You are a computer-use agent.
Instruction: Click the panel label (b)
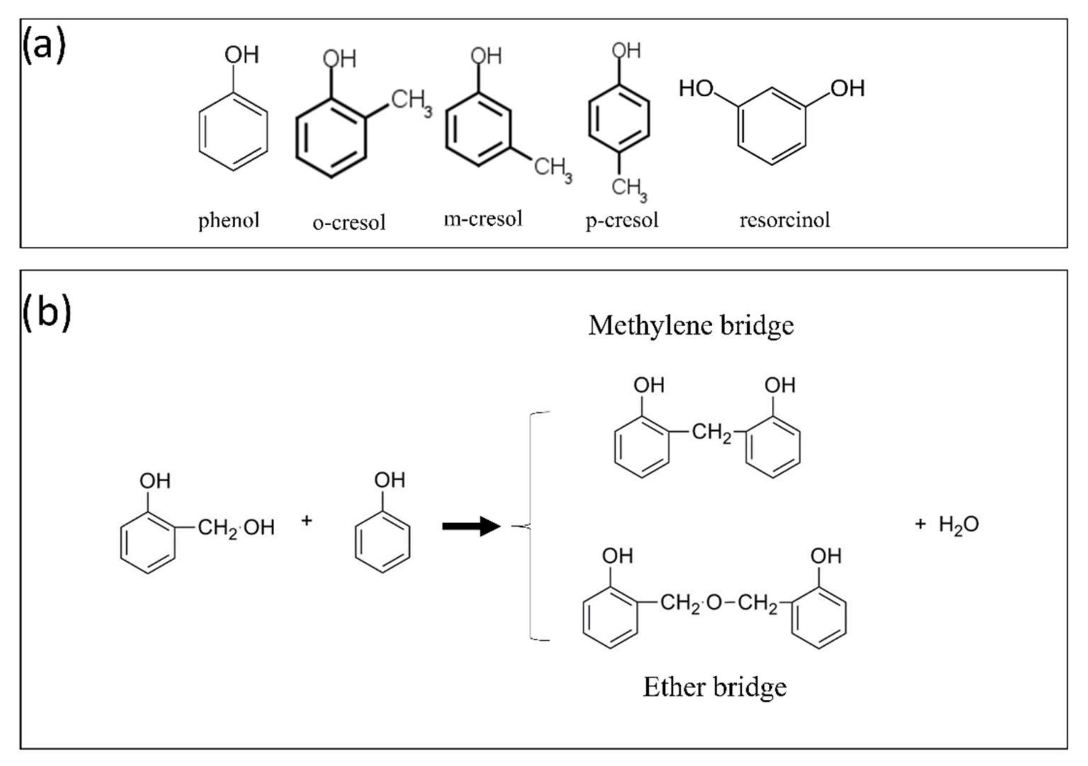[x=47, y=312]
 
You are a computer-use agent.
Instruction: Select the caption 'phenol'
[x=228, y=220]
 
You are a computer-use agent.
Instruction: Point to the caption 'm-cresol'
[x=483, y=219]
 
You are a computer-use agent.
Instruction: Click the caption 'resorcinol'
[x=784, y=220]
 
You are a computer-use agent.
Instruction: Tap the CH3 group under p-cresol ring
[x=628, y=189]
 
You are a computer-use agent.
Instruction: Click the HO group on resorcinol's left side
[x=696, y=88]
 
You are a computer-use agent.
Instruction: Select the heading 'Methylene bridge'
[x=690, y=326]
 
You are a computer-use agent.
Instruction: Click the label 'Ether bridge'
[x=714, y=687]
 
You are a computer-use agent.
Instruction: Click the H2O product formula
[x=958, y=525]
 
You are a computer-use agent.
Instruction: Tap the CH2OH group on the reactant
[x=236, y=528]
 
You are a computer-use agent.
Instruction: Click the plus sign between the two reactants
[x=306, y=521]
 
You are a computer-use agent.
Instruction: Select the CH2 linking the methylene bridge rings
[x=711, y=433]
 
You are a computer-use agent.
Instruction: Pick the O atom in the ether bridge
[x=713, y=603]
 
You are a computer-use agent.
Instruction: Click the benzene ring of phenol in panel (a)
[x=233, y=131]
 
